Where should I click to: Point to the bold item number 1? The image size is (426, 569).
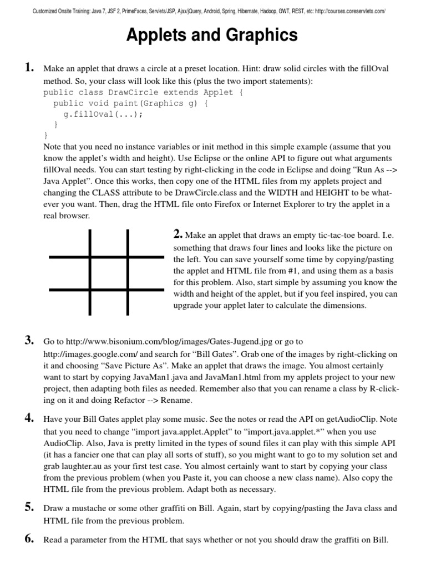[29, 68]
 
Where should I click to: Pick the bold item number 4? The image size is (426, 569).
[29, 419]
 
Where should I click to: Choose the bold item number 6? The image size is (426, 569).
[29, 539]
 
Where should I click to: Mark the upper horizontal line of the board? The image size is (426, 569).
[106, 257]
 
